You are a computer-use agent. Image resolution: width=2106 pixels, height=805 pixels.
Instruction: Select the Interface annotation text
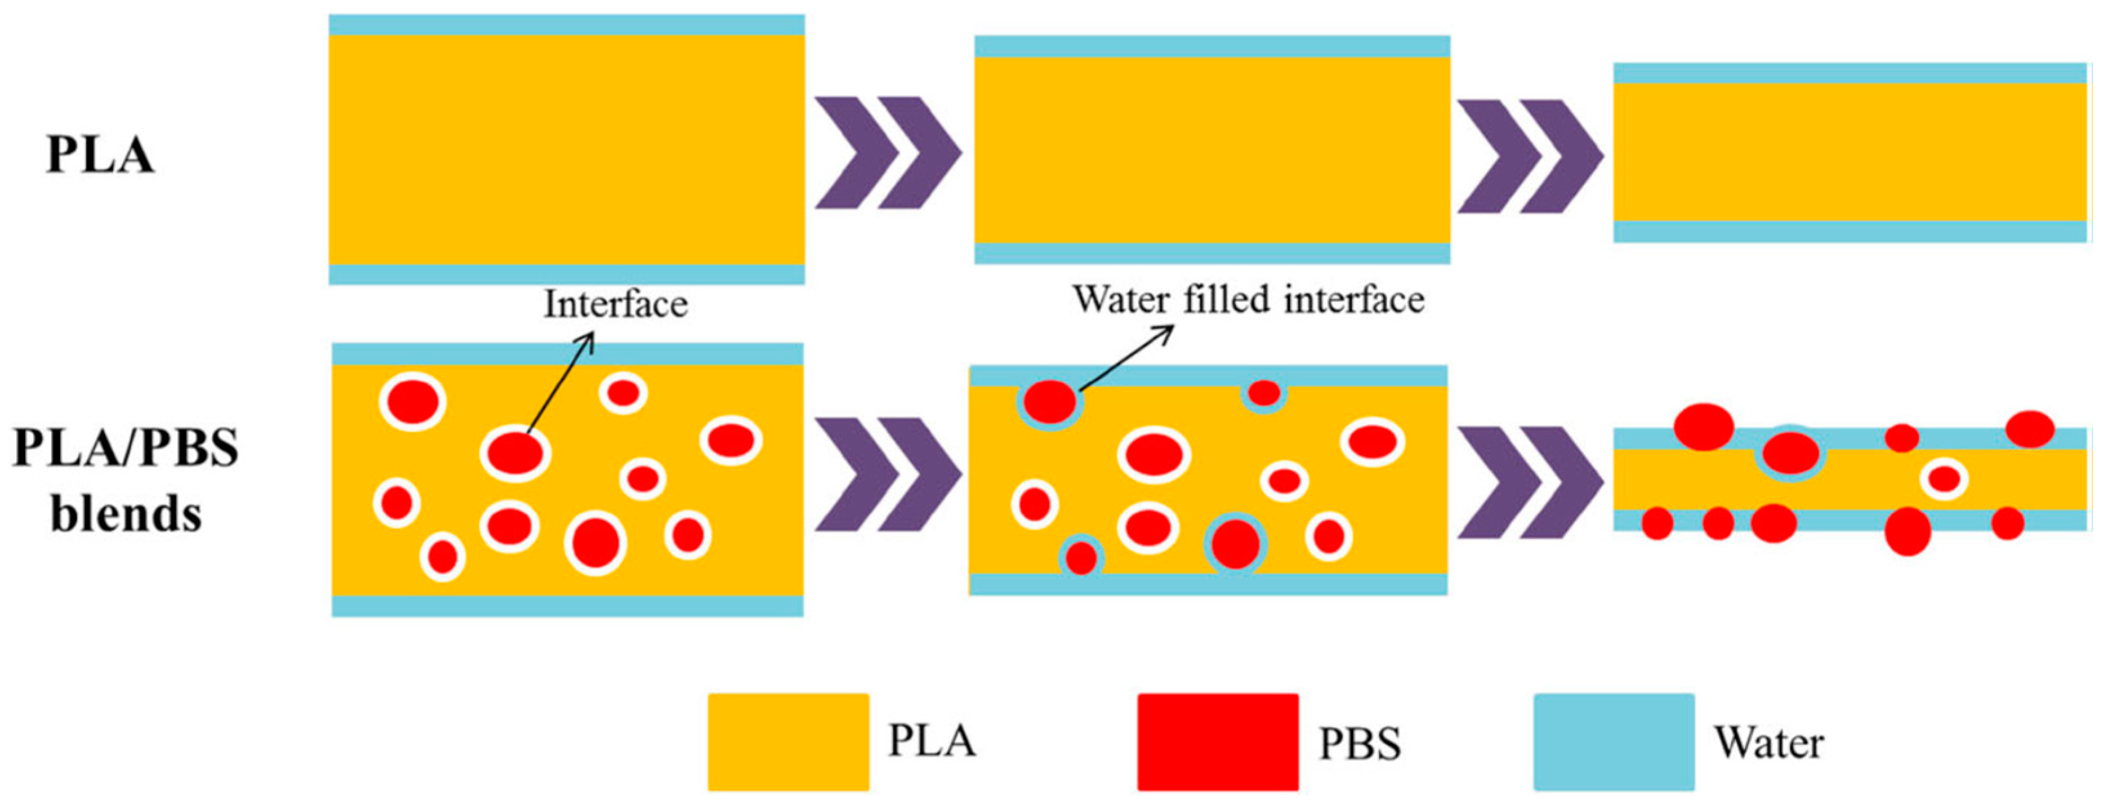[615, 304]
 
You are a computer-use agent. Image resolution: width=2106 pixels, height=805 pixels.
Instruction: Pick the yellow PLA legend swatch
[788, 742]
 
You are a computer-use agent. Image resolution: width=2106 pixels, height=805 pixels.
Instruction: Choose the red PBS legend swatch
[1217, 742]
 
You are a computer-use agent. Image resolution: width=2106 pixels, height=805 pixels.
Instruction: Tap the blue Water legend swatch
[1614, 742]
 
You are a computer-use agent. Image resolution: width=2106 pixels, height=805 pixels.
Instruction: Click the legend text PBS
[1360, 744]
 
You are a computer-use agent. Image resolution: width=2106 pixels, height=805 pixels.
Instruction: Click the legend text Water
[1768, 743]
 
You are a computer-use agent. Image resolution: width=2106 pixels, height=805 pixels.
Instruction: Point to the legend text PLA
[932, 741]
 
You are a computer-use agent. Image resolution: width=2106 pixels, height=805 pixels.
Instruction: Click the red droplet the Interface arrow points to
[515, 453]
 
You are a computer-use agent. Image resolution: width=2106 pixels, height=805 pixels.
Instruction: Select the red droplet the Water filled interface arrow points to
[1050, 402]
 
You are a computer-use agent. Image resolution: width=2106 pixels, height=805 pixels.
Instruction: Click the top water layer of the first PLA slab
[566, 24]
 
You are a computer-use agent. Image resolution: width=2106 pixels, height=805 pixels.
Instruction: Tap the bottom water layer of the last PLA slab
[1850, 231]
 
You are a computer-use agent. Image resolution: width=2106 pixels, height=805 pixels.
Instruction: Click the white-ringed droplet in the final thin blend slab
[1944, 479]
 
